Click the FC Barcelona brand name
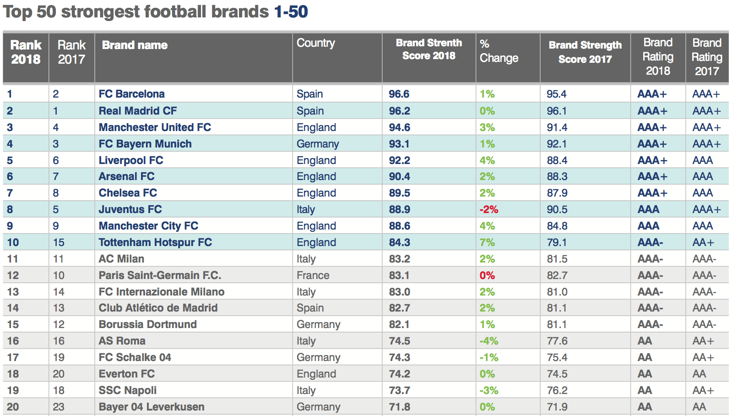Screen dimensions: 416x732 coord(131,94)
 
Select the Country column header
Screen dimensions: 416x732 coord(315,43)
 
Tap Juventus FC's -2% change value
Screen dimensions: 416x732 coord(488,209)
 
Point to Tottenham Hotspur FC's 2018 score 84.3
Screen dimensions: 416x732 coord(399,242)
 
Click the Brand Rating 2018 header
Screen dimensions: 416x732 coord(658,57)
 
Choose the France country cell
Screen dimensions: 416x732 coord(313,275)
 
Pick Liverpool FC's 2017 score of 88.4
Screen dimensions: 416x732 coord(557,160)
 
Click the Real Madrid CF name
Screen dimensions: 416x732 coord(137,111)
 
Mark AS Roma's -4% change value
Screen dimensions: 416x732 coord(488,341)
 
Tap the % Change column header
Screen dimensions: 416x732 coord(499,51)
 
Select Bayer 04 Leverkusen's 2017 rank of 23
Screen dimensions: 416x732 coord(59,407)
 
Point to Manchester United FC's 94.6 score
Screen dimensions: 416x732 coord(399,127)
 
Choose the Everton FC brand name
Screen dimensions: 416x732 coord(126,374)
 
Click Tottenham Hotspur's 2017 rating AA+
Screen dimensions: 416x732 coord(703,242)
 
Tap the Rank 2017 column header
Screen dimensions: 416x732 coord(71,52)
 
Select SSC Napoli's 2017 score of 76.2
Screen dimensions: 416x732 coord(557,390)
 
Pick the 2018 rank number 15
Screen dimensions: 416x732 coord(13,324)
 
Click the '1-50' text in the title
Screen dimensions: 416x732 coord(291,11)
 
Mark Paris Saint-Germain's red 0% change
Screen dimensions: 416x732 coord(487,275)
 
